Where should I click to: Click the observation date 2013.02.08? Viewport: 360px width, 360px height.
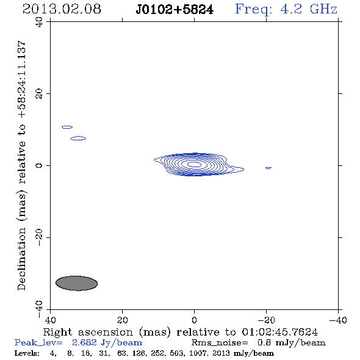coord(62,9)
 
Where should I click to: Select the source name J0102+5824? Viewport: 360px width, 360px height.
coord(175,10)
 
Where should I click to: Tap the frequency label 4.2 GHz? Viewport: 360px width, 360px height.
coord(309,9)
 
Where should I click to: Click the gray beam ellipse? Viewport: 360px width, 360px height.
coord(77,283)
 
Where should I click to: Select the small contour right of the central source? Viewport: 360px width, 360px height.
coord(268,168)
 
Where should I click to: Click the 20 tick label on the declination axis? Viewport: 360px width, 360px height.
coord(39,94)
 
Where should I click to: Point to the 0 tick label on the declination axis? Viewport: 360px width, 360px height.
coord(39,165)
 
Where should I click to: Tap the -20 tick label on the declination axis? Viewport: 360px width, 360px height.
coord(39,237)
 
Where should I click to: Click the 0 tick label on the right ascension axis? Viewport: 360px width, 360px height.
coord(194,320)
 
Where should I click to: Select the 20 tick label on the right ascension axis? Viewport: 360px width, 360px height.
coord(122,320)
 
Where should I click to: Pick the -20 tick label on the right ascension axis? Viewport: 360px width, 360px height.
coord(266,320)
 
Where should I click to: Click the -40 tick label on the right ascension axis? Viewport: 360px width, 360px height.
coord(338,320)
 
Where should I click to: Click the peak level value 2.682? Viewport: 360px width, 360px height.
coord(84,342)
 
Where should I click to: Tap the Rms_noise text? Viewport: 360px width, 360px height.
coord(220,343)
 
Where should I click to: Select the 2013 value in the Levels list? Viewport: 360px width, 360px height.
coord(218,353)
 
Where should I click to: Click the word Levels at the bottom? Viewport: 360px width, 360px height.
coord(27,353)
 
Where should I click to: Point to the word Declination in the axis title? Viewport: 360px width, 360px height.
coord(21,259)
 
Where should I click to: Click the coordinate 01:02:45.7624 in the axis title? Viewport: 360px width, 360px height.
coord(280,332)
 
